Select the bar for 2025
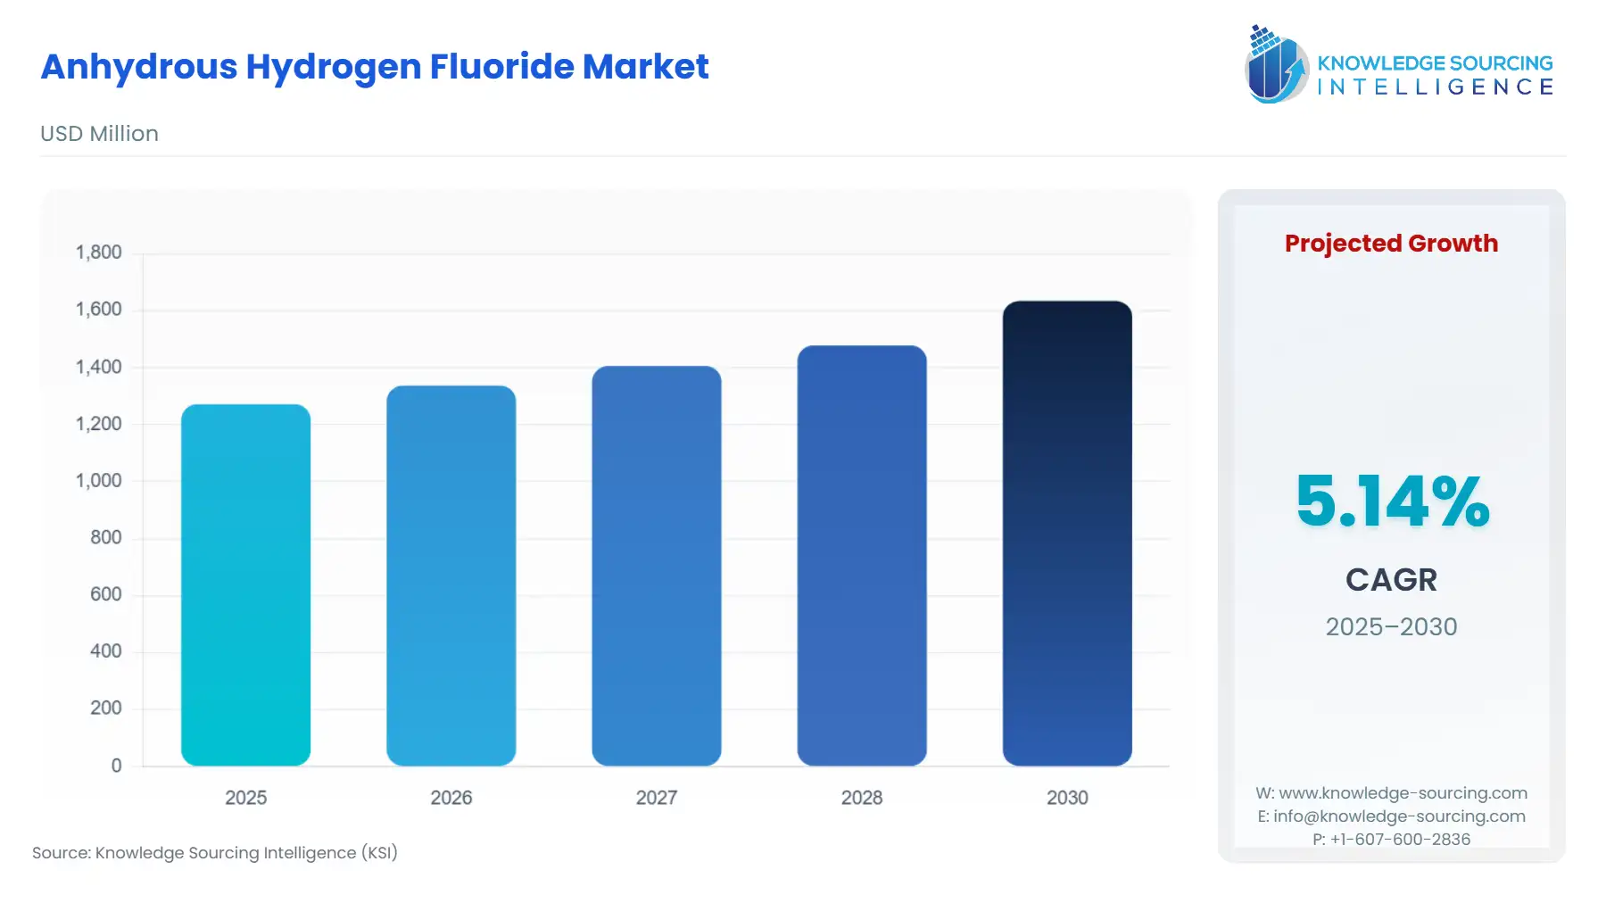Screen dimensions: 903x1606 pos(245,584)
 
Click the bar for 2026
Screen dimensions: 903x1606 pos(451,576)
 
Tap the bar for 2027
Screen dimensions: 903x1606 pos(656,566)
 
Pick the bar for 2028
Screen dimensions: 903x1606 pos(861,555)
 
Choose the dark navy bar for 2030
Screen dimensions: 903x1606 pos(1066,533)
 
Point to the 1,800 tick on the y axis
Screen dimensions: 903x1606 pos(98,253)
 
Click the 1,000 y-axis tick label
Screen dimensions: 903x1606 pos(98,481)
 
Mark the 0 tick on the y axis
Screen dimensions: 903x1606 pos(116,766)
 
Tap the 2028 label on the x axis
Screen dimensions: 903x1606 pos(861,798)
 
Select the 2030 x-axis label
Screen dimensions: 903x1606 pos(1066,798)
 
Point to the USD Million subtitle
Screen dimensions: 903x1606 pos(99,134)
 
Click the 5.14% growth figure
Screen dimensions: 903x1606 pos(1392,501)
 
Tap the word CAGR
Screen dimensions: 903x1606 pos(1391,580)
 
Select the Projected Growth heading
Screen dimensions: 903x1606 pos(1391,244)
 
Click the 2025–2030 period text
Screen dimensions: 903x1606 pos(1391,627)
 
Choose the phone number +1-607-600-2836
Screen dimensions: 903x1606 pos(1400,840)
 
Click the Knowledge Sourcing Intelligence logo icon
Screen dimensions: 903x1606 pos(1276,64)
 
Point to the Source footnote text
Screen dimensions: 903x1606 pos(215,853)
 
